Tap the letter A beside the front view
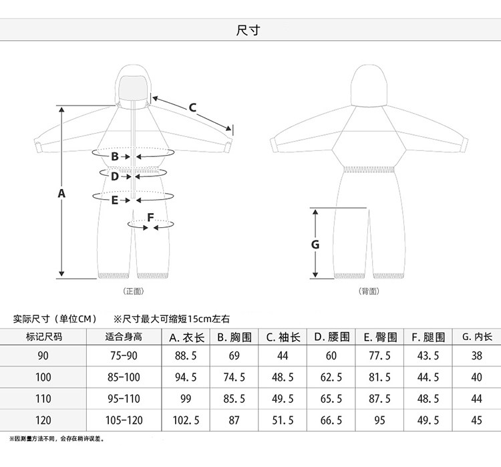pyautogui.click(x=61, y=194)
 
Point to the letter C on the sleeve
pyautogui.click(x=192, y=107)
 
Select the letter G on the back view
pyautogui.click(x=315, y=245)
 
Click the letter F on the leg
pyautogui.click(x=150, y=217)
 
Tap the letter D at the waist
pyautogui.click(x=115, y=176)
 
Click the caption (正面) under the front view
pyautogui.click(x=134, y=291)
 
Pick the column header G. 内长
pyautogui.click(x=476, y=337)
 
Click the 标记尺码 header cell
pyautogui.click(x=43, y=337)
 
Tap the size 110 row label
pyautogui.click(x=43, y=399)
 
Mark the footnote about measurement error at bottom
pyautogui.click(x=57, y=439)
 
